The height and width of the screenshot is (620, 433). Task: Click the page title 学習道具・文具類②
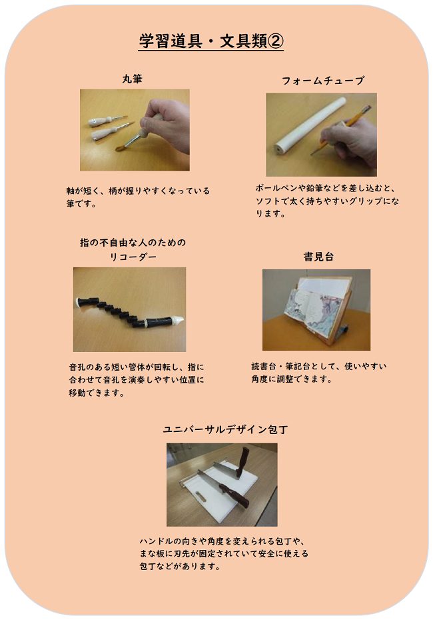(211, 41)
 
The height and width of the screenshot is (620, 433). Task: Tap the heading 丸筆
(132, 79)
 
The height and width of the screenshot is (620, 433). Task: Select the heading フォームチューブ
(322, 81)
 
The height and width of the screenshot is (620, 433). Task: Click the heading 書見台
(318, 257)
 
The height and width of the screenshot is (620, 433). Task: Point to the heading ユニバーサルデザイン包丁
(226, 429)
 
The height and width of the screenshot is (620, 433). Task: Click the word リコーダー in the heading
(133, 257)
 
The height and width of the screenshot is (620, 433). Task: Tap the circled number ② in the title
(276, 41)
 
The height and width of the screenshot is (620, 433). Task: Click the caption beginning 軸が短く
(138, 197)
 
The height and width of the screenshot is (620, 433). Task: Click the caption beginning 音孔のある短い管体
(137, 380)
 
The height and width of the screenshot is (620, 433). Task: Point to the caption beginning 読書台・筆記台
(319, 373)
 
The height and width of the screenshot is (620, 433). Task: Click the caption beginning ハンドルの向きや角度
(224, 553)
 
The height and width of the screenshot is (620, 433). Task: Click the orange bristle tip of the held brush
(120, 148)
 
